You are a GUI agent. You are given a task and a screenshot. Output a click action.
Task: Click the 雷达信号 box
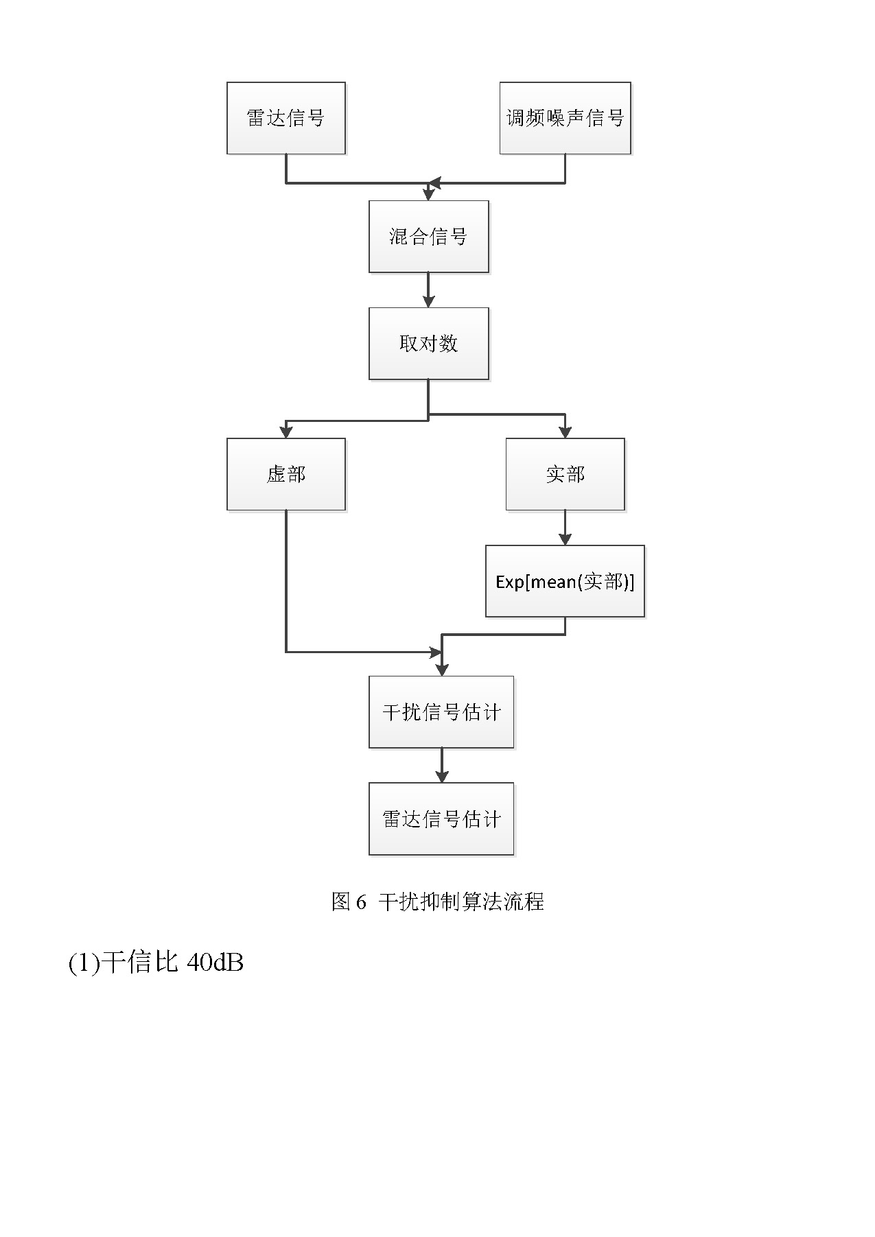click(285, 118)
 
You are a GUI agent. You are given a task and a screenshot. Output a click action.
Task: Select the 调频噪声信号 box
click(565, 118)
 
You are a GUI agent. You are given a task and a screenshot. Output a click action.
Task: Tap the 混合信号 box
click(428, 237)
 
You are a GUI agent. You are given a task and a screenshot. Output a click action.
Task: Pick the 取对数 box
click(428, 343)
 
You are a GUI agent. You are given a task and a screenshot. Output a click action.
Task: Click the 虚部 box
click(285, 474)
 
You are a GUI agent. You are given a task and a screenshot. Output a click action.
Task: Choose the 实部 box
click(565, 474)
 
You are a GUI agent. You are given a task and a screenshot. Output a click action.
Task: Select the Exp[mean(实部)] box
click(565, 581)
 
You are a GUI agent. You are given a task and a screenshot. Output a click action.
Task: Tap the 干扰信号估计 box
click(441, 712)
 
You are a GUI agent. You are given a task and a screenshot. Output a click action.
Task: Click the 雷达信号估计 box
click(441, 818)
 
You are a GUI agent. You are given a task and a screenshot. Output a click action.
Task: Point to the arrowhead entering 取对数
click(428, 301)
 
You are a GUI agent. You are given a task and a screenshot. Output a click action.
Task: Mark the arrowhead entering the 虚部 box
click(285, 432)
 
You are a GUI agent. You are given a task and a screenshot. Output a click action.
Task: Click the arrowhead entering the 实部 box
click(565, 432)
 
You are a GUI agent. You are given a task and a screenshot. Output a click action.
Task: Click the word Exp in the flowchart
click(509, 582)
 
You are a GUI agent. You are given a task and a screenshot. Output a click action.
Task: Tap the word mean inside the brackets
click(553, 582)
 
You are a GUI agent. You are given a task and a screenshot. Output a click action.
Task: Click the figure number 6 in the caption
click(361, 902)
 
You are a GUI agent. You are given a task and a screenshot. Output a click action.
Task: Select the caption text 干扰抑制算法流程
click(461, 902)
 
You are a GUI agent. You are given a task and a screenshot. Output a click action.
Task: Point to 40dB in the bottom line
click(215, 963)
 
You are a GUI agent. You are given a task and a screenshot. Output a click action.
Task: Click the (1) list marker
click(84, 963)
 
